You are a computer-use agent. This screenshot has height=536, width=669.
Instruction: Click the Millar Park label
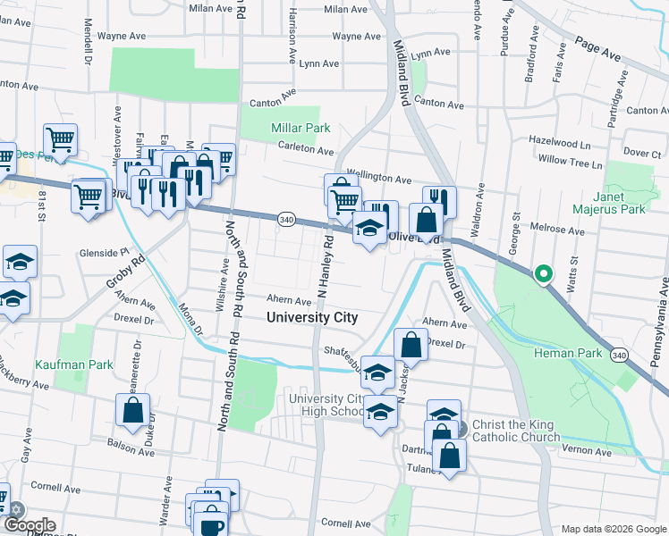coord(301,129)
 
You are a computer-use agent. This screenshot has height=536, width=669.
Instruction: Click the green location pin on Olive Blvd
coord(542,274)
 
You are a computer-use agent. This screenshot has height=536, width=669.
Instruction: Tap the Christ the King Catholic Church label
coord(515,431)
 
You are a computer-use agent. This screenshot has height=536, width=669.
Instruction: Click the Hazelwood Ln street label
coord(560,143)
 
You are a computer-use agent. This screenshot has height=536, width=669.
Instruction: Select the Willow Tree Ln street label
coord(571,163)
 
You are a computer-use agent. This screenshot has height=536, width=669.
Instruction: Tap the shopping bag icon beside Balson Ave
coord(132,411)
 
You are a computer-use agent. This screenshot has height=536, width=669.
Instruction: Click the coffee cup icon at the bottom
coord(211,524)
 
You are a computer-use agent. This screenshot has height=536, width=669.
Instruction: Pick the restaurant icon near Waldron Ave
coord(439,198)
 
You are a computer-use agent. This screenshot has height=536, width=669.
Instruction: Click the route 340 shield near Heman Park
coord(618,355)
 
